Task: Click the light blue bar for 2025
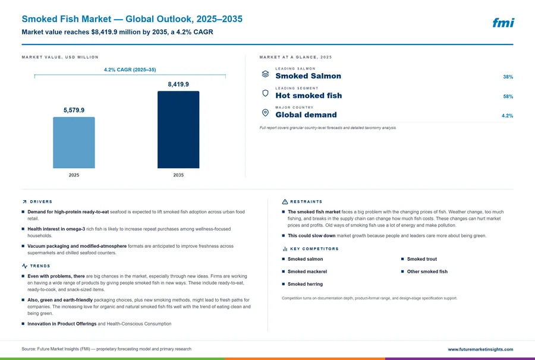[74, 143]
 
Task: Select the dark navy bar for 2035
[178, 130]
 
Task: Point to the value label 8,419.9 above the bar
[178, 84]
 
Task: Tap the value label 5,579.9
[74, 110]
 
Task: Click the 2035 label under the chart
[178, 175]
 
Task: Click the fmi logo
[503, 23]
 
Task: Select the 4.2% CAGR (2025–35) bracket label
[130, 70]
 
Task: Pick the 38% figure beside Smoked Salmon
[508, 77]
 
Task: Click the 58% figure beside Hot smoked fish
[508, 96]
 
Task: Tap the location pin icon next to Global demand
[265, 112]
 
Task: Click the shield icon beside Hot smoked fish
[265, 93]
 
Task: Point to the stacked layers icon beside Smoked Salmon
[265, 74]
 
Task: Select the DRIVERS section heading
[41, 201]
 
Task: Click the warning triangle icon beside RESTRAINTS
[285, 202]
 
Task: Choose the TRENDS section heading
[40, 266]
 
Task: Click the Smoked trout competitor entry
[421, 259]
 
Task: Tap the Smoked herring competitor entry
[305, 284]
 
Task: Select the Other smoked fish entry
[427, 271]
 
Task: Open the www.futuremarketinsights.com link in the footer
[480, 349]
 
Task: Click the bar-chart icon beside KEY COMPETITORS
[285, 249]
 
